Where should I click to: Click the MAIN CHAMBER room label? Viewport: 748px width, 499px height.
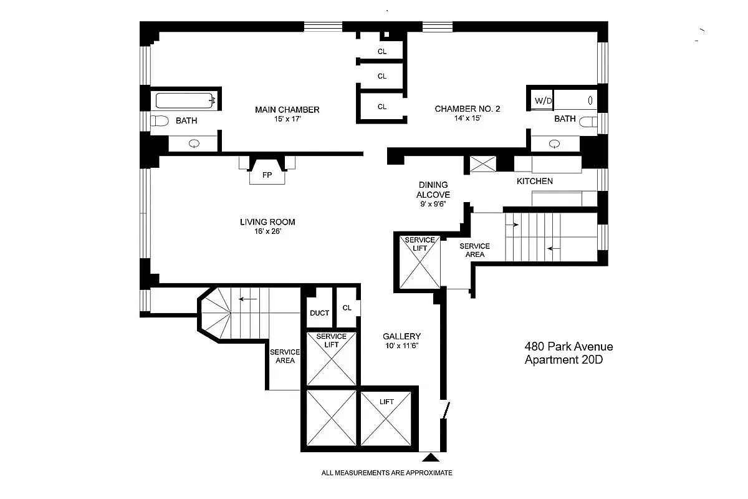287,110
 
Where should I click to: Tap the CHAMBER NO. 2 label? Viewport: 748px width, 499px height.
467,109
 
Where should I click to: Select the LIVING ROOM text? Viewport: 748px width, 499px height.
267,222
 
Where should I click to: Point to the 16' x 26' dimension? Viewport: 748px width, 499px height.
267,232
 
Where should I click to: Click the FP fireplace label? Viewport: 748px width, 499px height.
267,175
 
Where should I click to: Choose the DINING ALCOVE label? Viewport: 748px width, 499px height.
433,190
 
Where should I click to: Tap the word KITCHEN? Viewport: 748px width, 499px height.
534,182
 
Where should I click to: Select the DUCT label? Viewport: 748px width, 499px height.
319,313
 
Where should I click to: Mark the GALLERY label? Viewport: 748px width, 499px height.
401,336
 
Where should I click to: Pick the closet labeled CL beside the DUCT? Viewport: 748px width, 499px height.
347,308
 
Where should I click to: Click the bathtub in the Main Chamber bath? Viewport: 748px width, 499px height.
186,100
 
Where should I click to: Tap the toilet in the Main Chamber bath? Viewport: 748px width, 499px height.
160,121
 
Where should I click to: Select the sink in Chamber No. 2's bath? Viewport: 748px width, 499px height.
555,143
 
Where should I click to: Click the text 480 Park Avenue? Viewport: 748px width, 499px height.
568,347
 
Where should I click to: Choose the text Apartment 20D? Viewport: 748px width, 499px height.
565,360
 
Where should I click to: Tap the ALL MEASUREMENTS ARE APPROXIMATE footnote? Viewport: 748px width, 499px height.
386,473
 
